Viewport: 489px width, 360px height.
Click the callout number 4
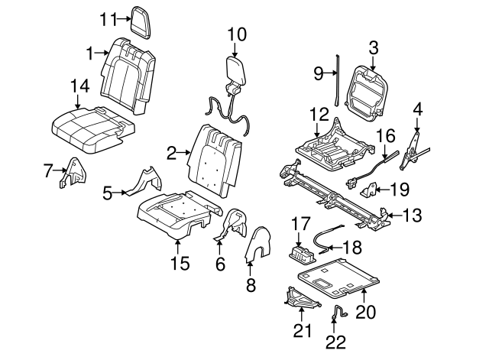coord(417,109)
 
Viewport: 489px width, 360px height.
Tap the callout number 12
coord(319,115)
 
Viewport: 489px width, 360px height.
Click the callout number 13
coord(413,216)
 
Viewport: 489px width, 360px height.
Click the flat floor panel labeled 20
coord(344,275)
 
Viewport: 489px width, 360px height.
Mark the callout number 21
coord(303,330)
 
